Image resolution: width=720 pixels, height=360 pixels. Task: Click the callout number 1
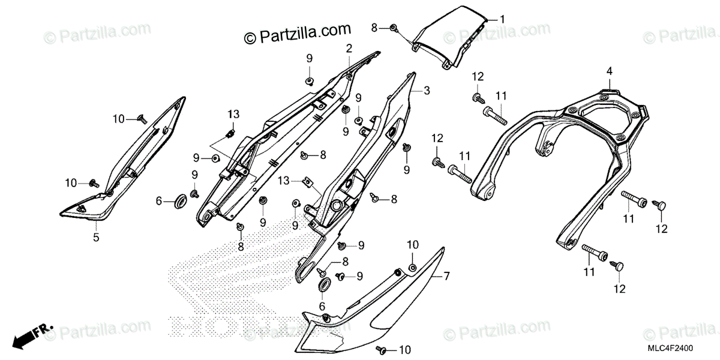pos(503,19)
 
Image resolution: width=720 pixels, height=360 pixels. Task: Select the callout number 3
pos(427,91)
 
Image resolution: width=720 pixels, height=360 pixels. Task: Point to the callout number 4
pos(609,71)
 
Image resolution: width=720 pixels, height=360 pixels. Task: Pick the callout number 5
pos(96,237)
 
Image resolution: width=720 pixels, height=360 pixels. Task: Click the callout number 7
pos(446,276)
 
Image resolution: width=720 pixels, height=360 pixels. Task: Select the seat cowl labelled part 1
pos(450,39)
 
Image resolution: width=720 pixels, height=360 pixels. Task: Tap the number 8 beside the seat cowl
pos(374,28)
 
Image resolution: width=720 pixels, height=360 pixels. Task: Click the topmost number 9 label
pos(310,58)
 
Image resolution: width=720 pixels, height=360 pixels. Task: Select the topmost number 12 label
pos(477,76)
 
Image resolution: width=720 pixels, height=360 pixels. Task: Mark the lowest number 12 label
pos(618,289)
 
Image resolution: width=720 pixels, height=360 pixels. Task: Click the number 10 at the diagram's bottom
pos(405,350)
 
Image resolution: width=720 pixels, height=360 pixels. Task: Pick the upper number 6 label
pos(160,202)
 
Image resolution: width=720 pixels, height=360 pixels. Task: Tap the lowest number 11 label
pos(589,272)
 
